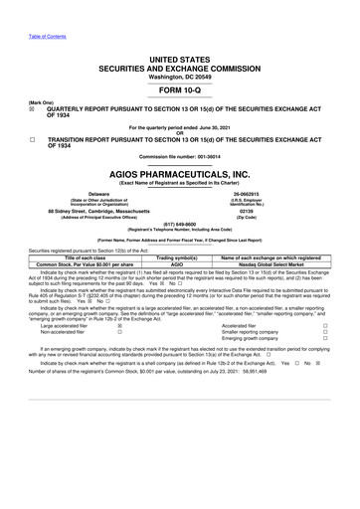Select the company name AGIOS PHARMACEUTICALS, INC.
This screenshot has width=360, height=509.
click(x=180, y=198)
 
